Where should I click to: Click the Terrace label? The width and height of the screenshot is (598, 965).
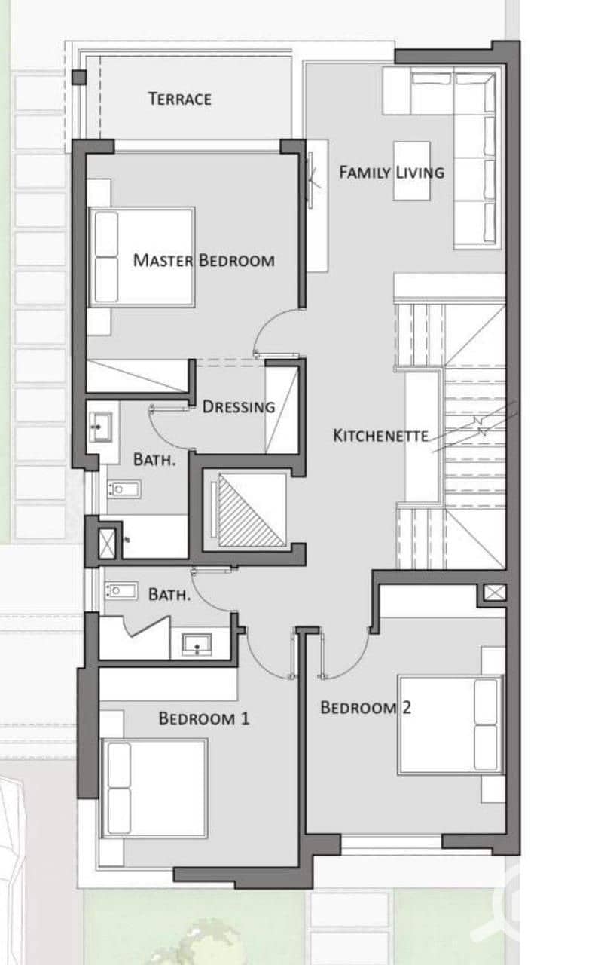point(180,99)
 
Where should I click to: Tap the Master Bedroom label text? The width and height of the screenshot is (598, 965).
point(204,260)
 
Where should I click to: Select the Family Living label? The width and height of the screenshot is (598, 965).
point(392,173)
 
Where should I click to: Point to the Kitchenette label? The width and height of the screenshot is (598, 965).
point(381,436)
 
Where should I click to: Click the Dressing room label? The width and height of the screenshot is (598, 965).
point(239,406)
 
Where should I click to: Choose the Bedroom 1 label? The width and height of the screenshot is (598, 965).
point(204,718)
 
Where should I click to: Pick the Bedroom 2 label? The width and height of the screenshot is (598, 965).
point(366,707)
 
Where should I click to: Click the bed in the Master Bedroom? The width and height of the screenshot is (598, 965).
point(142,257)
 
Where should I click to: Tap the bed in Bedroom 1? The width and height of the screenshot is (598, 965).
point(154,789)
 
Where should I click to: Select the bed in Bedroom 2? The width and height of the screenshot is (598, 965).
point(450,725)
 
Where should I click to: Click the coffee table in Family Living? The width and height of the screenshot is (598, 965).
point(412,170)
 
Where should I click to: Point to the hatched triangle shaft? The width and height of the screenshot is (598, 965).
point(252,510)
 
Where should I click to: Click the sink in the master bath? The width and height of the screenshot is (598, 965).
point(101,427)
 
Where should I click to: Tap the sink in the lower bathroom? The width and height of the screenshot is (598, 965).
point(197,645)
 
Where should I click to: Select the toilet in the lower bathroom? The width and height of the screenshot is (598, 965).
point(121,590)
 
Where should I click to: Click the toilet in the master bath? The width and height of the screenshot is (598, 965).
point(124,489)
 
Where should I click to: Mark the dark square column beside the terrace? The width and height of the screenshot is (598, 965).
point(79,78)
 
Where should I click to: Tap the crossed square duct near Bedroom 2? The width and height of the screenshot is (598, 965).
point(495,593)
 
